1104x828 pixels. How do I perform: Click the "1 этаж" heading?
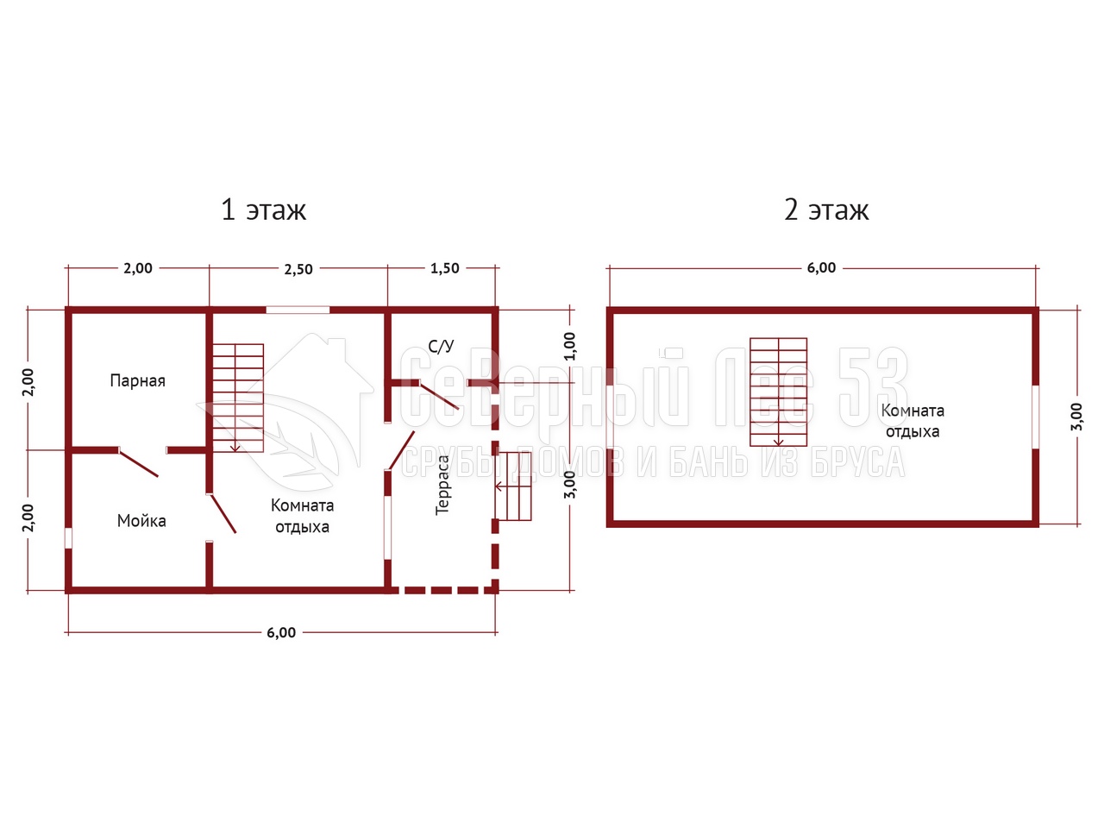click(x=264, y=210)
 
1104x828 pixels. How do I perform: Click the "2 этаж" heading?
click(x=826, y=210)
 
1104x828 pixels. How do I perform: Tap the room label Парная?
click(x=137, y=380)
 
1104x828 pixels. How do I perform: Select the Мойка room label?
click(x=141, y=521)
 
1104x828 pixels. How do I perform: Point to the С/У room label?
click(x=441, y=346)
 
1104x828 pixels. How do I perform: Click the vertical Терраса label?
click(x=442, y=485)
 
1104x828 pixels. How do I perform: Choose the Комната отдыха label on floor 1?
click(x=302, y=516)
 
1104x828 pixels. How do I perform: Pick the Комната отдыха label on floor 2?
click(x=913, y=421)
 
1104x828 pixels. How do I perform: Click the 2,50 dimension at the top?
click(x=298, y=269)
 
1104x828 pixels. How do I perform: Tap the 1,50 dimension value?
click(x=444, y=268)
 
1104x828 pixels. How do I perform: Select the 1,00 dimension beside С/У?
click(x=570, y=346)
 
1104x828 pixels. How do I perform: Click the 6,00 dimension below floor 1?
click(x=281, y=632)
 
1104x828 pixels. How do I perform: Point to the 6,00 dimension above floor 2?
click(x=821, y=268)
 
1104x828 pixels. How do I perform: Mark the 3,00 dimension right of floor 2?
click(x=1076, y=417)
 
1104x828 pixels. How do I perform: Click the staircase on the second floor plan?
click(x=779, y=392)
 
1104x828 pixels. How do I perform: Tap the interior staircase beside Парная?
click(x=238, y=398)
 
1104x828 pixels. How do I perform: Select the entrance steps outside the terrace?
click(x=513, y=486)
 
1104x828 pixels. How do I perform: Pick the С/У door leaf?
click(x=439, y=397)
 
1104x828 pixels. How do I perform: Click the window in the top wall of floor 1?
click(x=298, y=310)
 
